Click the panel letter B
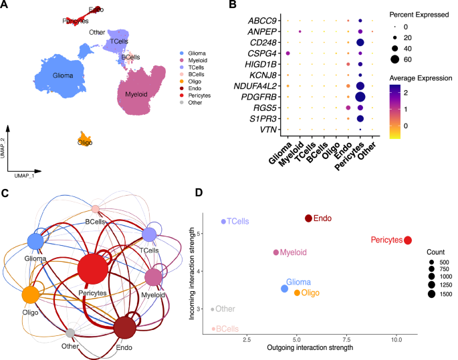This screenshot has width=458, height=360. [232, 6]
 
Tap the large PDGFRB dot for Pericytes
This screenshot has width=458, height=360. [360, 97]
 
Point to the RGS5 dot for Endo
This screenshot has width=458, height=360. [348, 108]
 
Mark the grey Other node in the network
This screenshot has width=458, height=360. [70, 333]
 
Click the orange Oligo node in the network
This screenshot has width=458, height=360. [29, 294]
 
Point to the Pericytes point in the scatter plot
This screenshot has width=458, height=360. [408, 240]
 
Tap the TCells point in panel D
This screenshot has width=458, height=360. [223, 221]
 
